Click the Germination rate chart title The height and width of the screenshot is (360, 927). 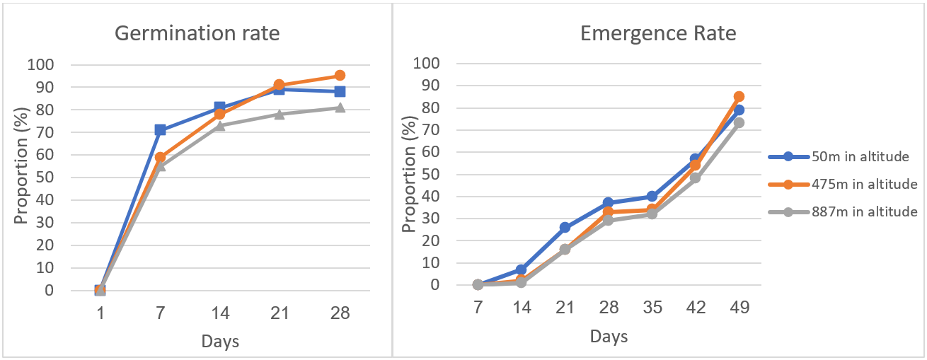[x=197, y=33]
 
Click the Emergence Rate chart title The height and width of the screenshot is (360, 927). [x=658, y=33]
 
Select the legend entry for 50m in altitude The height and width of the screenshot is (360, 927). [x=839, y=156]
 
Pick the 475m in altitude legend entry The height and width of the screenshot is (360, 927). [x=843, y=184]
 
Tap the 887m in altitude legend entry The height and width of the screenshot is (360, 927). [x=843, y=212]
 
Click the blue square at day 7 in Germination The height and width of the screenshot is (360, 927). [x=160, y=130]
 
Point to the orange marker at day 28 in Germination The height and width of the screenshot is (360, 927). [x=340, y=75]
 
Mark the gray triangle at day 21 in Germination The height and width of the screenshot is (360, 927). [x=280, y=114]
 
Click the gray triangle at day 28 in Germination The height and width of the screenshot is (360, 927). [x=340, y=108]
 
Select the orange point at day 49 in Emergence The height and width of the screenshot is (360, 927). [x=739, y=97]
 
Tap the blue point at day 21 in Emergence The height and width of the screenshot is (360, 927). [x=565, y=227]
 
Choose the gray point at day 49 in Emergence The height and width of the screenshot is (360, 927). [x=739, y=123]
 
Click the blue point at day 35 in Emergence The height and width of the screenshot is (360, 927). [x=652, y=196]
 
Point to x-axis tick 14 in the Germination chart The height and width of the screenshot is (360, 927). [x=220, y=313]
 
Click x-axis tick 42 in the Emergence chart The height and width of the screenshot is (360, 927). [x=696, y=308]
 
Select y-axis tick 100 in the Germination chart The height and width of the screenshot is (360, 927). [x=40, y=64]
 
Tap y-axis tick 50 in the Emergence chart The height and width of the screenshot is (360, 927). [x=430, y=174]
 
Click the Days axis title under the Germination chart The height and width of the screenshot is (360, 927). [x=220, y=342]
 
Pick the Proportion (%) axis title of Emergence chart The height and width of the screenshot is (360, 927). [x=408, y=174]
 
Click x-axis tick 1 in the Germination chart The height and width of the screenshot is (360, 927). [x=100, y=313]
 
